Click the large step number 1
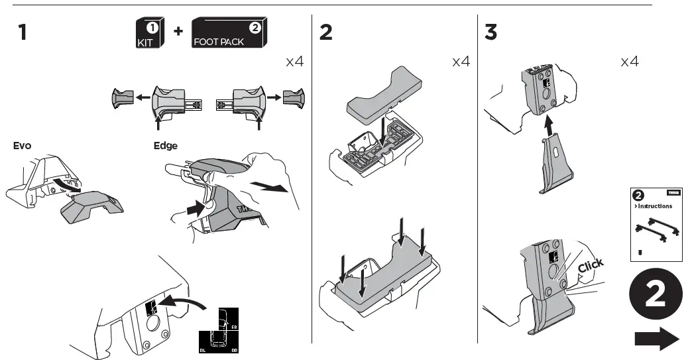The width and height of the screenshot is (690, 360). [23, 32]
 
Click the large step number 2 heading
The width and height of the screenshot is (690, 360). [326, 32]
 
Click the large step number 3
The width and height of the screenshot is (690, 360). [491, 32]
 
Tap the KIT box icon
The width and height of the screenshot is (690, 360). [148, 33]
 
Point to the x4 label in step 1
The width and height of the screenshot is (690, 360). [294, 62]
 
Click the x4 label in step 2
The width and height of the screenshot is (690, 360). [461, 62]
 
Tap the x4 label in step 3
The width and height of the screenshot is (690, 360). [629, 62]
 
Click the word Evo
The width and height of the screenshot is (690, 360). [23, 145]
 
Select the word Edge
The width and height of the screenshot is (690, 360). [165, 145]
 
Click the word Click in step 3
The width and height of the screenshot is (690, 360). [590, 266]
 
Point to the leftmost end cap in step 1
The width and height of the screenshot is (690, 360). [121, 99]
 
